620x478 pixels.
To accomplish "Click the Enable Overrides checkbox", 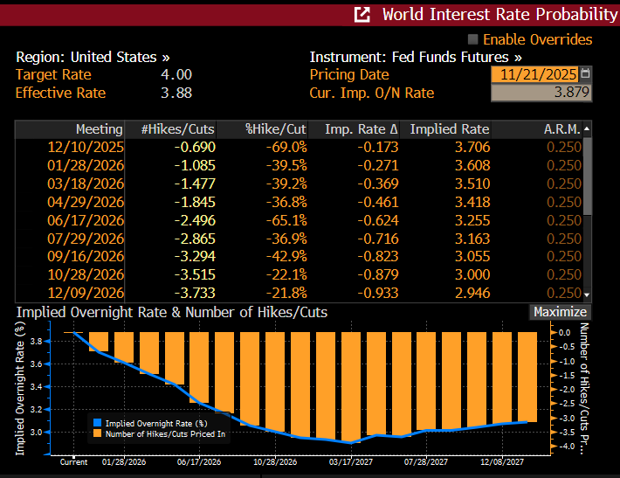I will [473, 39].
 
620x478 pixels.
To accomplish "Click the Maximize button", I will [560, 312].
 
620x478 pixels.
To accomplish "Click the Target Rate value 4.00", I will [176, 75].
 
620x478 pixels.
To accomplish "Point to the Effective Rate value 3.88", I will [176, 93].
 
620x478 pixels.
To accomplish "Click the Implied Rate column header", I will [449, 129].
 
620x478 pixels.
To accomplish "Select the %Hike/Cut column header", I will [275, 129].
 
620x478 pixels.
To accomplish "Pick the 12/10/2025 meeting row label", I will [86, 147].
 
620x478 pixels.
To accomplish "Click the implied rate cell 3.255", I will [472, 220].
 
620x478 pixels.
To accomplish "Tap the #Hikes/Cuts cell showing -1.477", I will [194, 184].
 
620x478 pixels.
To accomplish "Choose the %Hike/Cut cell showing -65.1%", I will [286, 220].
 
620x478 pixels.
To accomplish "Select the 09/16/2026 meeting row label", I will [86, 256].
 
